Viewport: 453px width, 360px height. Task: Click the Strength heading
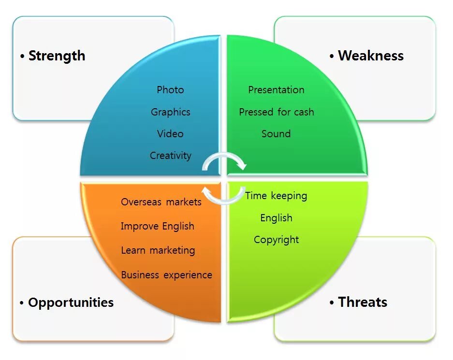pyautogui.click(x=57, y=56)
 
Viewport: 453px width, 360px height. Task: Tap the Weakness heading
pyautogui.click(x=370, y=56)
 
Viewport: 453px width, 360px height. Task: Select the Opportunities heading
pyautogui.click(x=71, y=303)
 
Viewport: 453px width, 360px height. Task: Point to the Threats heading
pyautogui.click(x=363, y=302)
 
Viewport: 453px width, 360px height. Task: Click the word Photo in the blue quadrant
pyautogui.click(x=170, y=90)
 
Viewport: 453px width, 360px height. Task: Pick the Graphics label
pyautogui.click(x=170, y=112)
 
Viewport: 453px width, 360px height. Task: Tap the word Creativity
pyautogui.click(x=170, y=156)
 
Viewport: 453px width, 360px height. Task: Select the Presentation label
pyautogui.click(x=276, y=90)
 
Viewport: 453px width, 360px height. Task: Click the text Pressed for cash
pyautogui.click(x=276, y=112)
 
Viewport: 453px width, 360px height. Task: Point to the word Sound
pyautogui.click(x=276, y=134)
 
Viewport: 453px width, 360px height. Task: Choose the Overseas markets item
pyautogui.click(x=161, y=202)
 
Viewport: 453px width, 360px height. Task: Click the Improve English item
pyautogui.click(x=157, y=226)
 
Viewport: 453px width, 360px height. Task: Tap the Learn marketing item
pyautogui.click(x=158, y=250)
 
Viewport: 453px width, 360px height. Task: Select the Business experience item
pyautogui.click(x=166, y=275)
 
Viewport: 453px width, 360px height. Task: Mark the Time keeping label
pyautogui.click(x=276, y=196)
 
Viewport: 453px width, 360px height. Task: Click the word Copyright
pyautogui.click(x=276, y=240)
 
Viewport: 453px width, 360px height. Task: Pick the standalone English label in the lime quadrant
pyautogui.click(x=276, y=218)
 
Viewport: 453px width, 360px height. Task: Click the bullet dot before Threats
pyautogui.click(x=332, y=303)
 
